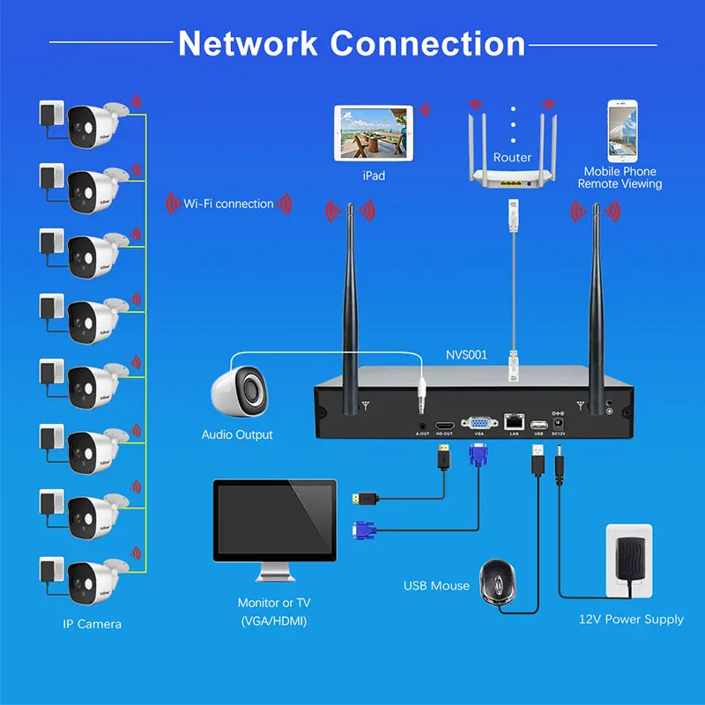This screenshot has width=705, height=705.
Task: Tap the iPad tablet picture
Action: [374, 133]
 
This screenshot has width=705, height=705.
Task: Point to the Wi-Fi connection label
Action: [228, 204]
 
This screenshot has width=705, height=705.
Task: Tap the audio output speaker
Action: [240, 390]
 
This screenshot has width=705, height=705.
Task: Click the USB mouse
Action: [500, 580]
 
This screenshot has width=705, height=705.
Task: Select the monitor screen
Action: [275, 523]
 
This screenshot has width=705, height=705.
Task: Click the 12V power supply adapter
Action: [628, 564]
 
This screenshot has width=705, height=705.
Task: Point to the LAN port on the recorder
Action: [513, 422]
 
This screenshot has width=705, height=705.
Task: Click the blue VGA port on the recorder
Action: [479, 422]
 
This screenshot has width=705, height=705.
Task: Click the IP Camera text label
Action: [92, 624]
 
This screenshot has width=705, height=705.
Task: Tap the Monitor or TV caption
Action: [274, 604]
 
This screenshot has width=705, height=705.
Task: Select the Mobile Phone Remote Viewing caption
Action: [620, 178]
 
